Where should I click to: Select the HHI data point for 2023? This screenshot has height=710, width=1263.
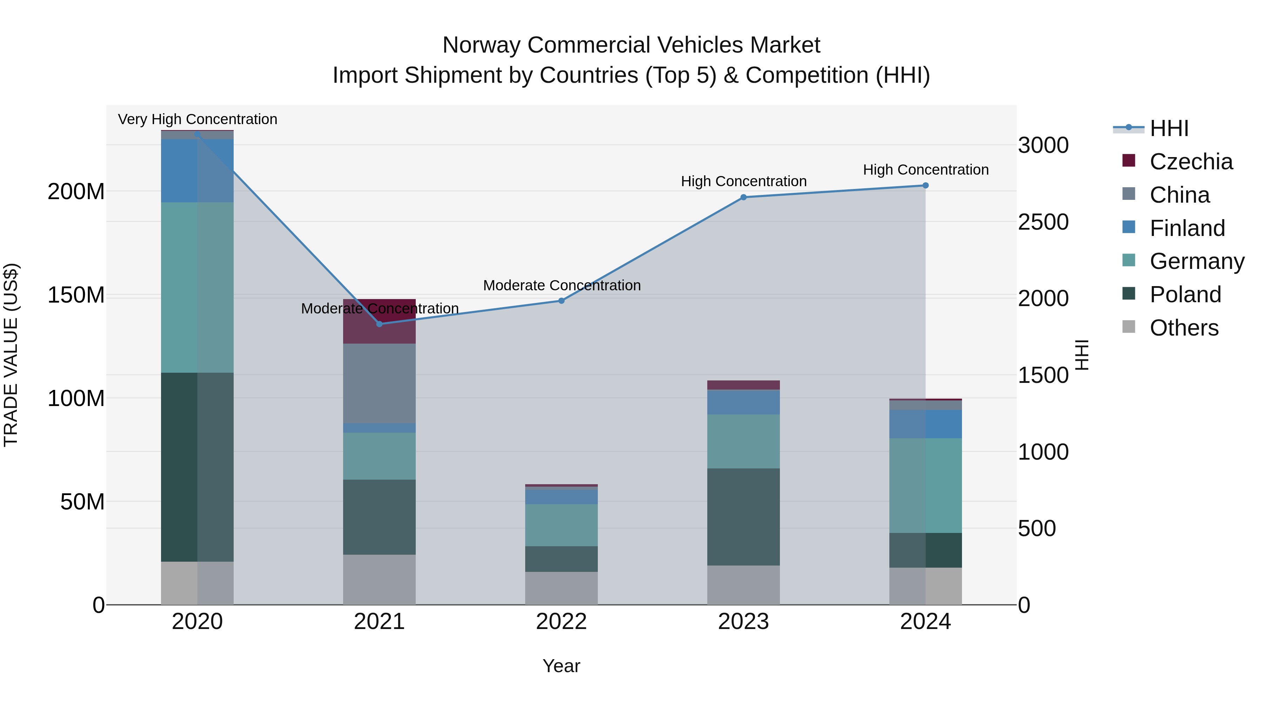tap(743, 197)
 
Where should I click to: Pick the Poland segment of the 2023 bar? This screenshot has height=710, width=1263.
tap(743, 516)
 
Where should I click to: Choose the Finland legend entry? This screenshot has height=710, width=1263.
tap(1187, 228)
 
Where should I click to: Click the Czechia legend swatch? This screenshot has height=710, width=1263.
tap(1128, 161)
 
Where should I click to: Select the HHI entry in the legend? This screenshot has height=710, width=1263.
tap(1169, 128)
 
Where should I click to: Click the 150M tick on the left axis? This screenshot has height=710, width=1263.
tap(76, 295)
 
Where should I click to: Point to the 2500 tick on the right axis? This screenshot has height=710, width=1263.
tap(1043, 222)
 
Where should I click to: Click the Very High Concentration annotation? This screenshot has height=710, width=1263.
tap(198, 119)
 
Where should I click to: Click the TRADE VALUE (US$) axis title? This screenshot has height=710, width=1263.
tap(11, 355)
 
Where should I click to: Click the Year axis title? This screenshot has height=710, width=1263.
tap(561, 666)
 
